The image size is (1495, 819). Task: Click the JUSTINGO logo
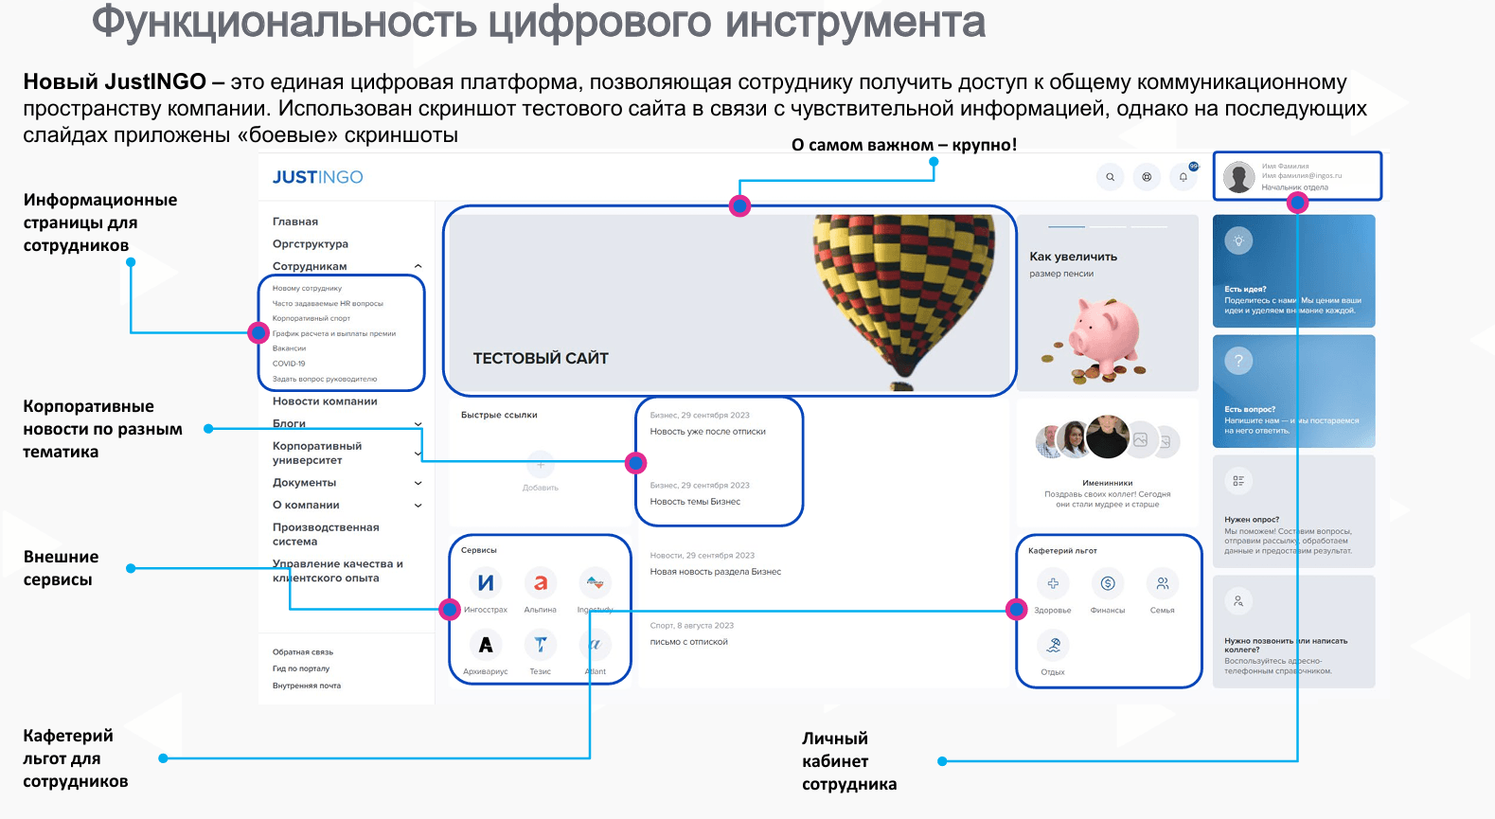click(x=317, y=177)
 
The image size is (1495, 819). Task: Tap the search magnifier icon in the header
click(x=1110, y=177)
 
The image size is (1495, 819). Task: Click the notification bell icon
click(x=1183, y=177)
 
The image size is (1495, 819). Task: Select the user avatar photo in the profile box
click(x=1238, y=177)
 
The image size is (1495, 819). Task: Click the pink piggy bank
click(x=1104, y=336)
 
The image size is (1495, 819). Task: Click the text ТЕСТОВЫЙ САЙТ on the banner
click(x=541, y=358)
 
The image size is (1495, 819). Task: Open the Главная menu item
click(x=295, y=222)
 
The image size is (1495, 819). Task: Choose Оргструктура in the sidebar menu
click(x=311, y=244)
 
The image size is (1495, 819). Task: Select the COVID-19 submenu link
click(x=289, y=364)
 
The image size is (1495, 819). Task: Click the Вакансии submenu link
click(x=289, y=348)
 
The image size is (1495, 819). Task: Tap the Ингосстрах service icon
click(x=486, y=583)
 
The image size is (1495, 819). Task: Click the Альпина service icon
click(x=540, y=583)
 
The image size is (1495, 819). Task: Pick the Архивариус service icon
click(x=486, y=645)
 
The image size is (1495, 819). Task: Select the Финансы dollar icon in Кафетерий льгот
click(x=1108, y=583)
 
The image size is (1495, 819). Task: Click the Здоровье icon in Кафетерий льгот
click(x=1053, y=583)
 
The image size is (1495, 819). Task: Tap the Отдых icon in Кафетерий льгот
click(x=1053, y=646)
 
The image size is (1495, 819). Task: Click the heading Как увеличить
click(x=1073, y=257)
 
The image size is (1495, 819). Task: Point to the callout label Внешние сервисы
click(x=61, y=568)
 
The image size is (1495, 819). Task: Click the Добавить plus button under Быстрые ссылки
click(x=541, y=466)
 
